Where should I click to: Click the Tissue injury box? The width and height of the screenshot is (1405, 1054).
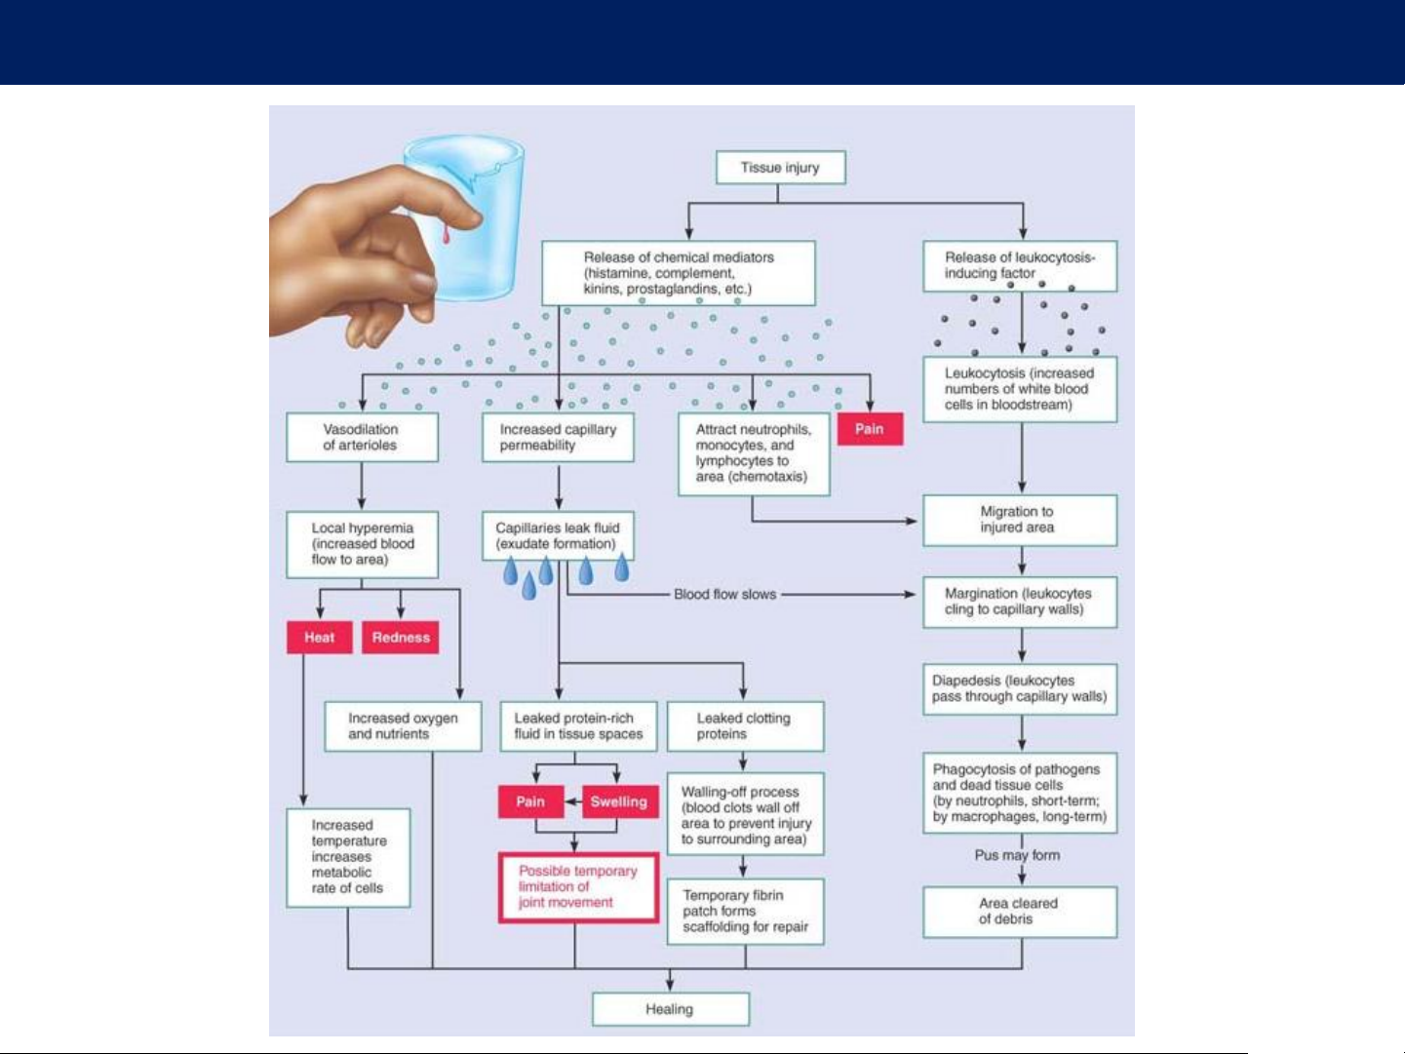pyautogui.click(x=780, y=168)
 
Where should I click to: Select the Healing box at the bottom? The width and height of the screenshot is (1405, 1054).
pyautogui.click(x=670, y=1009)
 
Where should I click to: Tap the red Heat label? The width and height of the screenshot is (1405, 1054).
pyautogui.click(x=319, y=638)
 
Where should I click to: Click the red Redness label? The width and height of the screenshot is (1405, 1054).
pyautogui.click(x=401, y=638)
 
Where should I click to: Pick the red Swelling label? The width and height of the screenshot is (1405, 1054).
pyautogui.click(x=619, y=801)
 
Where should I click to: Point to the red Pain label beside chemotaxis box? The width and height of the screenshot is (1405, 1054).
pyautogui.click(x=870, y=429)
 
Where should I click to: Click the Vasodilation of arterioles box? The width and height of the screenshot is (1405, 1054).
pyautogui.click(x=362, y=438)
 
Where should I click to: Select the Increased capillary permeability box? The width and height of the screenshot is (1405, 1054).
pyautogui.click(x=558, y=438)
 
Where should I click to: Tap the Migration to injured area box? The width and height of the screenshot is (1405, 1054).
pyautogui.click(x=1019, y=520)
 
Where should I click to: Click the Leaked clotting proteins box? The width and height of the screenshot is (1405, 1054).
pyautogui.click(x=745, y=726)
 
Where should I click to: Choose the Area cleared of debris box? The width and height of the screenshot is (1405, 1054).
pyautogui.click(x=1019, y=912)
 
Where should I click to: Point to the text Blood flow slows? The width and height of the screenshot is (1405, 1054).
pyautogui.click(x=725, y=594)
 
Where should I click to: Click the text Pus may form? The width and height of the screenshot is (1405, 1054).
pyautogui.click(x=1017, y=855)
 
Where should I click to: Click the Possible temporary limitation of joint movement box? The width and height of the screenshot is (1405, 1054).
pyautogui.click(x=578, y=887)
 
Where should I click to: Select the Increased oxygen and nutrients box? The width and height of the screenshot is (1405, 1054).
pyautogui.click(x=403, y=726)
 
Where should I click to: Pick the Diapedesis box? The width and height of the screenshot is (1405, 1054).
pyautogui.click(x=1019, y=689)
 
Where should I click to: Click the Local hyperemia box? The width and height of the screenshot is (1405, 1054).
pyautogui.click(x=362, y=544)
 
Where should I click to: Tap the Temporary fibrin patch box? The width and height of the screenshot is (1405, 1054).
pyautogui.click(x=745, y=912)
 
